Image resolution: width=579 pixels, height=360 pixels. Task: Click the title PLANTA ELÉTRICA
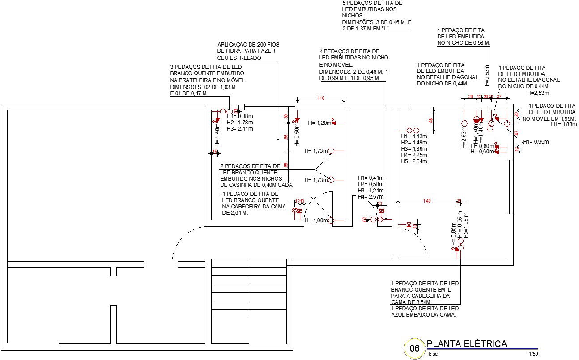(467, 344)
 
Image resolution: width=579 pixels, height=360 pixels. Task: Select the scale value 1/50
(533, 354)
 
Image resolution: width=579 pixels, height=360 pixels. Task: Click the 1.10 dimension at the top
(320, 98)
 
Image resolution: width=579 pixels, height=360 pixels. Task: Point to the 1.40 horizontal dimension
(426, 201)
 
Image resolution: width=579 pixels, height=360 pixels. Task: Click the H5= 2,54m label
(414, 161)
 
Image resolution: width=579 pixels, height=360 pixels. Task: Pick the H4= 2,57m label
(370, 196)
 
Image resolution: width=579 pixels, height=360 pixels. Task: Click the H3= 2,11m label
(240, 129)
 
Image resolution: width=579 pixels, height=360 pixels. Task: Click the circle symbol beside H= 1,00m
(331, 220)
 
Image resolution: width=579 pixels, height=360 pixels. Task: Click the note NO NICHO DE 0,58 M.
(463, 43)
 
